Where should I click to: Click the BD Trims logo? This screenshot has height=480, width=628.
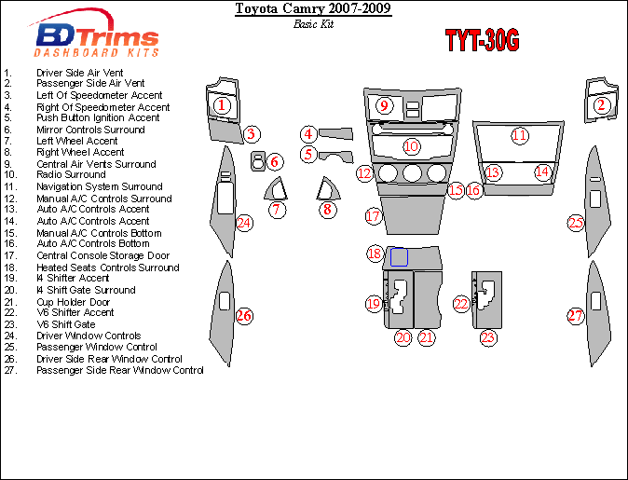(x=97, y=39)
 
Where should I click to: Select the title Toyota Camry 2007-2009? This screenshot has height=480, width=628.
(x=312, y=9)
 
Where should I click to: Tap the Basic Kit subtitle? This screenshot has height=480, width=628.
(x=312, y=24)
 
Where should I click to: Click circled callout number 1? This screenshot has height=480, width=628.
(x=221, y=105)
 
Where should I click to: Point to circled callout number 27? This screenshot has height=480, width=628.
(x=576, y=316)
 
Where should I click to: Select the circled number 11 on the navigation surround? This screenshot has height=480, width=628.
(x=519, y=136)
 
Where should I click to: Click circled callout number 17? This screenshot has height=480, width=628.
(x=373, y=216)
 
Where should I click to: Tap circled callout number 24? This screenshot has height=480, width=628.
(x=243, y=223)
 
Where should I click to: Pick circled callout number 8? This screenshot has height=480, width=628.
(x=327, y=209)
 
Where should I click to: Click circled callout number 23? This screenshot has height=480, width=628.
(x=487, y=337)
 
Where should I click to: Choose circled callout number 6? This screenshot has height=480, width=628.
(x=274, y=162)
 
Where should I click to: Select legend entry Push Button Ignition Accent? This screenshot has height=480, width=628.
(x=98, y=118)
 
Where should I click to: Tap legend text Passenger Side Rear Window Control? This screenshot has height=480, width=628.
(x=119, y=370)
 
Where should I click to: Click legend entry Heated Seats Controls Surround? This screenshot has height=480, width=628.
(x=107, y=267)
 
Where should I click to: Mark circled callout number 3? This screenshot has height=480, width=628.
(x=252, y=135)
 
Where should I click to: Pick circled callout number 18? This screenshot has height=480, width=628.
(x=374, y=254)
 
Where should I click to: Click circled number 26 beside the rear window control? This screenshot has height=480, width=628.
(x=244, y=316)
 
